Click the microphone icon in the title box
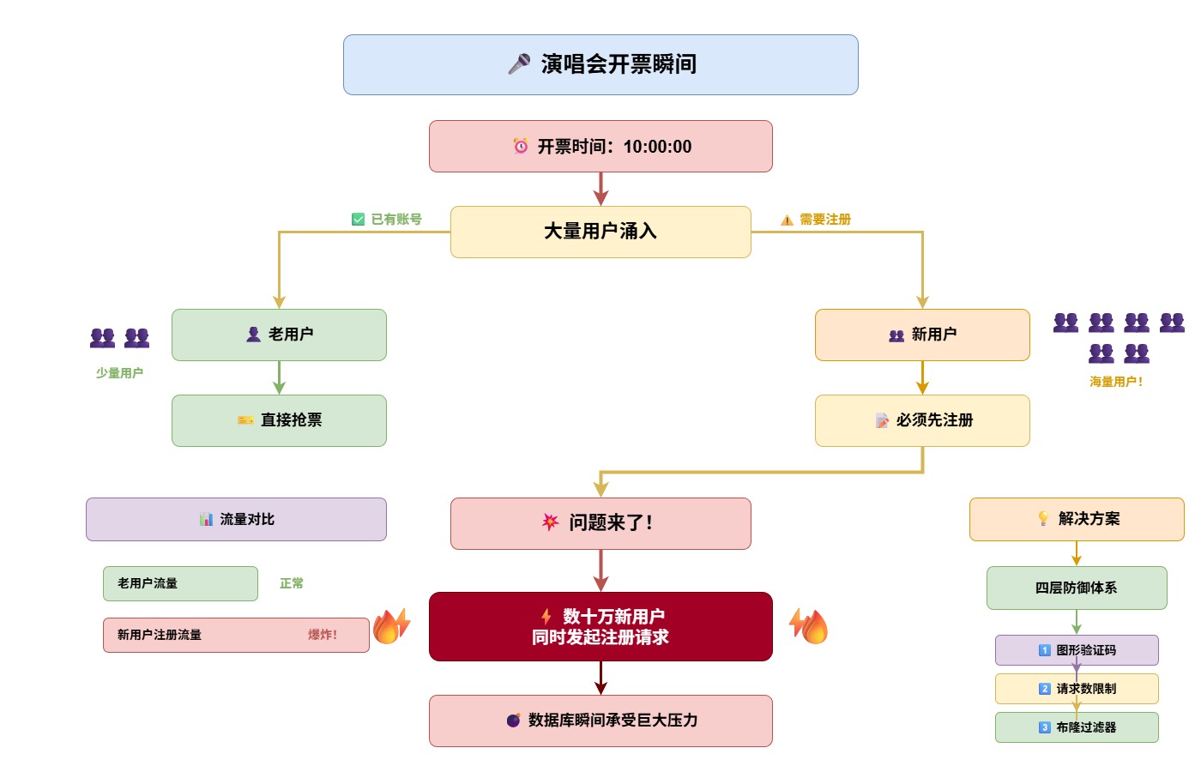tap(519, 64)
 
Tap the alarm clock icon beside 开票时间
tap(521, 147)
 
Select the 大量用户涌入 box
tap(600, 232)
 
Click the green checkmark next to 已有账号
tap(358, 220)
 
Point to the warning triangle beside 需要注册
tap(787, 220)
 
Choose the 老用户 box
tap(279, 335)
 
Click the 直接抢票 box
tap(279, 420)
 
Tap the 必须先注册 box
tap(922, 420)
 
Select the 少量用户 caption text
tap(119, 373)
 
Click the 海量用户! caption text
tap(1116, 382)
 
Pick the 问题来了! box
tap(600, 523)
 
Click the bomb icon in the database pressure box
tap(513, 720)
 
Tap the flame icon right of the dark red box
tap(809, 625)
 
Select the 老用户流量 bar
tap(180, 583)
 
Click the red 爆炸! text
tap(323, 635)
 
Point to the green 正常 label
tap(292, 583)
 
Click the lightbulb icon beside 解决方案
tap(1043, 518)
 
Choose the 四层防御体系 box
tap(1077, 588)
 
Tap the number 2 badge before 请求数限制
tap(1045, 688)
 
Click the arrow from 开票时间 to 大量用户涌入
tap(600, 189)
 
